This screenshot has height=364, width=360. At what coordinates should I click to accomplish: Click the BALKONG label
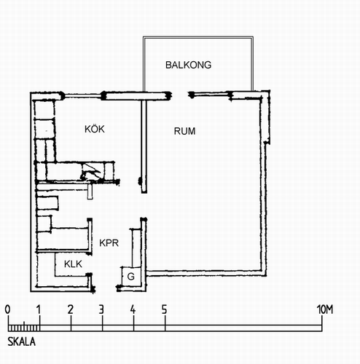[188, 65]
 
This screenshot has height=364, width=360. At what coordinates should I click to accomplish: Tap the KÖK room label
[95, 129]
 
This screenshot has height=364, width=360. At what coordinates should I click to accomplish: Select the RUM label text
[184, 131]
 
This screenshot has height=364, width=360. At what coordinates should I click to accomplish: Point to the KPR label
[109, 243]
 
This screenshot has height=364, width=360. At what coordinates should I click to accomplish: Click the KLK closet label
[73, 264]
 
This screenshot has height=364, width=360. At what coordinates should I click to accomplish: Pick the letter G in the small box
[131, 277]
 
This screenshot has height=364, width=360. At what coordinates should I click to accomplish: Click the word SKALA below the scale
[21, 341]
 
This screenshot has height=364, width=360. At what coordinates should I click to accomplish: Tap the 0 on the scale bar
[8, 309]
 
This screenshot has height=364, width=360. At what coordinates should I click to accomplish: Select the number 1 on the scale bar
[39, 309]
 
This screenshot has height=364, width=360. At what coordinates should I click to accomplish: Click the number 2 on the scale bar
[71, 309]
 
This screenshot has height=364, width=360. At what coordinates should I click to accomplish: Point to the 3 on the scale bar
[101, 309]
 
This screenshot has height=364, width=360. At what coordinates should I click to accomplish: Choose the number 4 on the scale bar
[133, 309]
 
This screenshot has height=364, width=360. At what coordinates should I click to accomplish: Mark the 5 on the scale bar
[165, 309]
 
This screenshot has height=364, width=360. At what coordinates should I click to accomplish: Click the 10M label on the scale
[325, 309]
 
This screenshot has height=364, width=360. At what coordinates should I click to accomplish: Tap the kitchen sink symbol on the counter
[90, 172]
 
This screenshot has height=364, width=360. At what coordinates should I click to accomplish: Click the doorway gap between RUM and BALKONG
[180, 95]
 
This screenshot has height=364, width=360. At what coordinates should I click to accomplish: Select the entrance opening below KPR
[106, 289]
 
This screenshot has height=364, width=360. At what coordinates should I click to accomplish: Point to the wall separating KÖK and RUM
[144, 146]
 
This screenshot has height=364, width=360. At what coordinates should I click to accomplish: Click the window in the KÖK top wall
[83, 95]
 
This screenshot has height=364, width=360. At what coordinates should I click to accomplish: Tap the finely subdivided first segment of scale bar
[24, 328]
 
